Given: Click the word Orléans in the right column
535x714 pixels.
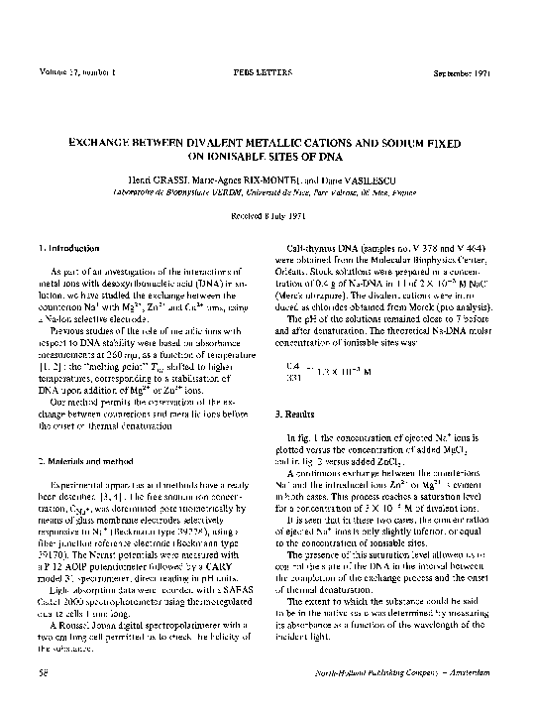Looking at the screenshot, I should pyautogui.click(x=298, y=269).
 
